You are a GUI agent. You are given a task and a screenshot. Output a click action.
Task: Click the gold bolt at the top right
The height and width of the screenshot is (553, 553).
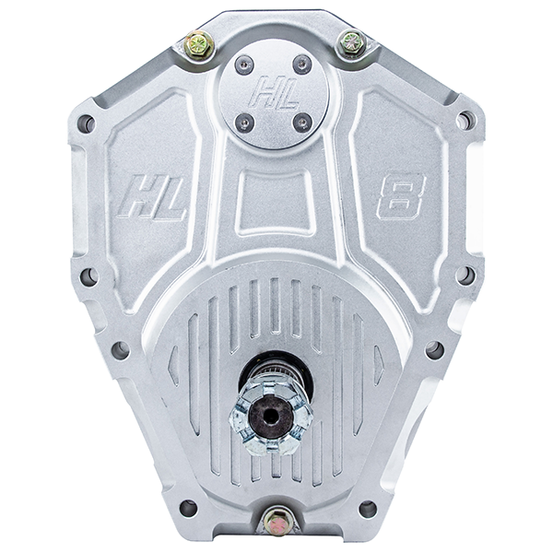click(352, 42)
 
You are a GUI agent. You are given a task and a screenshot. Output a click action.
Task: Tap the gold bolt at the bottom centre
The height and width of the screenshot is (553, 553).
click(276, 521)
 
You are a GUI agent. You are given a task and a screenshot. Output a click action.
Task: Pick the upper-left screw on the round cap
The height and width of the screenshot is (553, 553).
click(244, 64)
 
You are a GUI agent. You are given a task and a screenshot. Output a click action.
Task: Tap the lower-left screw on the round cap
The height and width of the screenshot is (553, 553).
click(244, 121)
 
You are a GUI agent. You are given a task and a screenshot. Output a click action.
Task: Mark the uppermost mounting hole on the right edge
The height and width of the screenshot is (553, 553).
click(465, 120)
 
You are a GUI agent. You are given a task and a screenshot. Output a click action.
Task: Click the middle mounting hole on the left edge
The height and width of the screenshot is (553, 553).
click(88, 276)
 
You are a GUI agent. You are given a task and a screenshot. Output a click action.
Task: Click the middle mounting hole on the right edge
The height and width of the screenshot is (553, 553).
click(465, 275)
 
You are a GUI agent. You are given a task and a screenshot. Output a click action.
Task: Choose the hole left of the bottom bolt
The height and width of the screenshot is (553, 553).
click(188, 508)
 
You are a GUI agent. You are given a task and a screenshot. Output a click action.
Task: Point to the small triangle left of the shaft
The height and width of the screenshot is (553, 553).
click(173, 367)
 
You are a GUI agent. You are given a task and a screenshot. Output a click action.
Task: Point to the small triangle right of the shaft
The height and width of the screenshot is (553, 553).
click(377, 366)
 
